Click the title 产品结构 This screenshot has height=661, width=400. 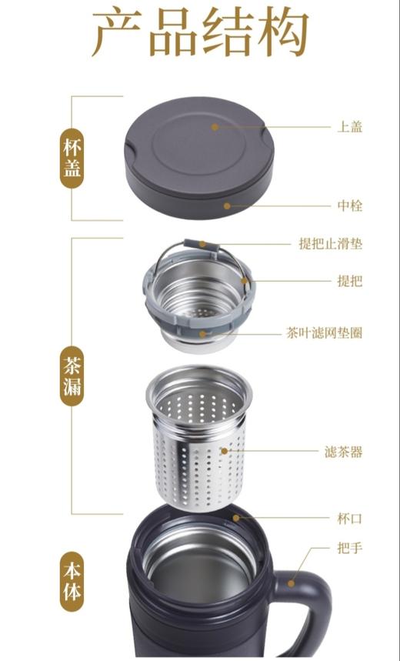tap(200, 35)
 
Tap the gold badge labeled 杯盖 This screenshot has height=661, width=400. tap(72, 159)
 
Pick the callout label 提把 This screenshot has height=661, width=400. tap(350, 281)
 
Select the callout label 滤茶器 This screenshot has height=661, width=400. tap(343, 452)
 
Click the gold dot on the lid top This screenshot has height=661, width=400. tap(216, 127)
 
